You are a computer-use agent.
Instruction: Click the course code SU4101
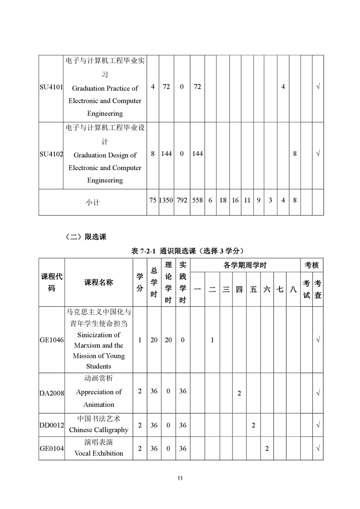pos(51,87)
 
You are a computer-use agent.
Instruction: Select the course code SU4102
pos(51,154)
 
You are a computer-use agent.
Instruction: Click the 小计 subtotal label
pos(93,202)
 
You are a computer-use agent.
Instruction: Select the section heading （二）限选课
pos(86,236)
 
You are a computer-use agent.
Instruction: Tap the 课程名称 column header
pos(99,282)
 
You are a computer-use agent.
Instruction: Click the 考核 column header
pos(312,265)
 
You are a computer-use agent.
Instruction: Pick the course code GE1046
pos(51,340)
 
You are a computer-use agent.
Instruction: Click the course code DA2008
pos(51,392)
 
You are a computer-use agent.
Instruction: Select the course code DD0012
pos(51,425)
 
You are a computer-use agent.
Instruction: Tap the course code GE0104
pos(51,448)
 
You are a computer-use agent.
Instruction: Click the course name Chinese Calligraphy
pos(99,429)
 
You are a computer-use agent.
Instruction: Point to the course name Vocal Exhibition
pos(99,453)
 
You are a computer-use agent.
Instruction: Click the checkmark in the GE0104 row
pos(318,448)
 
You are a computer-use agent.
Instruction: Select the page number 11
pos(180,478)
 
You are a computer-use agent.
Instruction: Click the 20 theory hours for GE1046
pos(168,340)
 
